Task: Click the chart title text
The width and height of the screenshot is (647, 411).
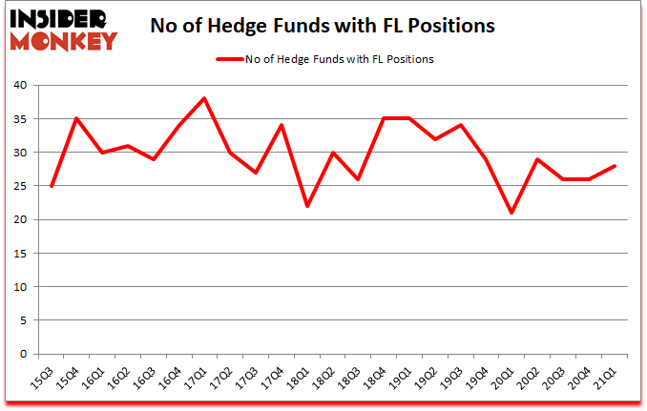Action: [323, 26]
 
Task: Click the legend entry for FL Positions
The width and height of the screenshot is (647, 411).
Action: [324, 59]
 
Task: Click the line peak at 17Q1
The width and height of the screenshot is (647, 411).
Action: [205, 98]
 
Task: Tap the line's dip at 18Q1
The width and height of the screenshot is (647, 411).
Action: [308, 206]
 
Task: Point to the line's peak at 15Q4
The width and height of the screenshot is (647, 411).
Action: [76, 118]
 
